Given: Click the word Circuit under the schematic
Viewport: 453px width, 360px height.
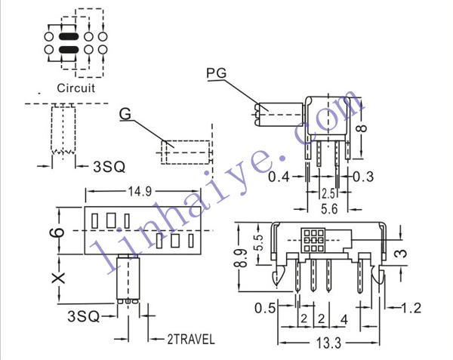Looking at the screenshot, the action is pyautogui.click(x=75, y=88).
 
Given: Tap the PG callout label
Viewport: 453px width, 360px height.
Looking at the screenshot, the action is pyautogui.click(x=217, y=73).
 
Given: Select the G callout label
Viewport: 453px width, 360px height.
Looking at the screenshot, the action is pyautogui.click(x=125, y=114).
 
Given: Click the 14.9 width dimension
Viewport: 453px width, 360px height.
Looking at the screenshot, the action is pyautogui.click(x=140, y=191).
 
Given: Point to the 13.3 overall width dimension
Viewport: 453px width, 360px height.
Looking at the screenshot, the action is pyautogui.click(x=328, y=343).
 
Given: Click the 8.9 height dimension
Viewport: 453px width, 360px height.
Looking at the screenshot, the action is pyautogui.click(x=242, y=257).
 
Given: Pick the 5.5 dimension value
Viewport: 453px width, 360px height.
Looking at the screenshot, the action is pyautogui.click(x=259, y=243).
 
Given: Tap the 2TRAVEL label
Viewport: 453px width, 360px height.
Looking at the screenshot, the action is pyautogui.click(x=191, y=339).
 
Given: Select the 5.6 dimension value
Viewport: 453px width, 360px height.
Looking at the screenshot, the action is pyautogui.click(x=329, y=209).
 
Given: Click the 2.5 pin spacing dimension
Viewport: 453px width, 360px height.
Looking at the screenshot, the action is pyautogui.click(x=328, y=194).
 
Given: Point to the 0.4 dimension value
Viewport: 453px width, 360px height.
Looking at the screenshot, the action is pyautogui.click(x=279, y=177).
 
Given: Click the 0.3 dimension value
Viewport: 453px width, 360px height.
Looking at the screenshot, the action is pyautogui.click(x=363, y=177).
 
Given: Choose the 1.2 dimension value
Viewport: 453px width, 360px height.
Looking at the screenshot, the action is pyautogui.click(x=411, y=308).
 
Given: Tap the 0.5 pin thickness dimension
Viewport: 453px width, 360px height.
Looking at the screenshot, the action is pyautogui.click(x=265, y=308).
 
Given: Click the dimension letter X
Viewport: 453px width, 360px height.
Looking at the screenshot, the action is pyautogui.click(x=58, y=278).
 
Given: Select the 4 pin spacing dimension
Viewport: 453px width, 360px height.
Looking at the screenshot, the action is pyautogui.click(x=344, y=319).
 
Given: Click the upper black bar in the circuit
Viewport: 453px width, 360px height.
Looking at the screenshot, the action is pyautogui.click(x=69, y=36).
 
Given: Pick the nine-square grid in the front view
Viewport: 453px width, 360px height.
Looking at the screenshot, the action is pyautogui.click(x=313, y=239).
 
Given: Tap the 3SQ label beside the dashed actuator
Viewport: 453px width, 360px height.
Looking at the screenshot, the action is pyautogui.click(x=109, y=167).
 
